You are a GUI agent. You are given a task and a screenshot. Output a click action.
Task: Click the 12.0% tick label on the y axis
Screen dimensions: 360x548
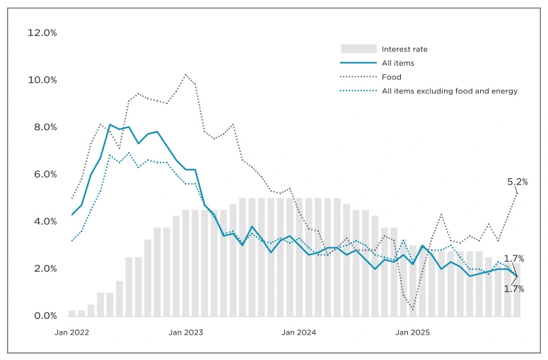[x=42, y=33]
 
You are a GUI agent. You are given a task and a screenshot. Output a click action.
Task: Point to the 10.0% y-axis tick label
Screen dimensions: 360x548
[x=42, y=80]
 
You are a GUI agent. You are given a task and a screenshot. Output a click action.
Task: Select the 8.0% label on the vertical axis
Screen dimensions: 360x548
[x=42, y=127]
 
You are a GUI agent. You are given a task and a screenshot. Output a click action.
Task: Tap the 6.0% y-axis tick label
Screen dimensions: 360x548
[x=42, y=175]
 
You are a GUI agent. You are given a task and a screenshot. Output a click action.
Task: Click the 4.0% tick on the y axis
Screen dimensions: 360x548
[x=42, y=221]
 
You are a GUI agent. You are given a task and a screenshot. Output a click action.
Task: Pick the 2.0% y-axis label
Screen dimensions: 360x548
[x=42, y=269]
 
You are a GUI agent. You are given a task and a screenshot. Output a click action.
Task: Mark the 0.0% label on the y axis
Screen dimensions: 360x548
[x=42, y=316]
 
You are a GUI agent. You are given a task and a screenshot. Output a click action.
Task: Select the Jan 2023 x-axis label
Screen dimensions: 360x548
[x=186, y=332]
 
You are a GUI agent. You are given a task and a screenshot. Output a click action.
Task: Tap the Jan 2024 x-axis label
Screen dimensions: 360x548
[x=299, y=332]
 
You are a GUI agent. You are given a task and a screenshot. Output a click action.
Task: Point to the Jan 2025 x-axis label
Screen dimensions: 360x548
[x=412, y=332]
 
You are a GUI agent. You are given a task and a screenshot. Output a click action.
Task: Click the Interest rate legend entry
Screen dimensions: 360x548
[x=404, y=50]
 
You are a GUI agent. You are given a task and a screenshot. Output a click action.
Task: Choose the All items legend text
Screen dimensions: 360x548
[x=397, y=63]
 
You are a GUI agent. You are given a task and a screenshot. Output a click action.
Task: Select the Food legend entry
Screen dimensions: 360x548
[x=391, y=77]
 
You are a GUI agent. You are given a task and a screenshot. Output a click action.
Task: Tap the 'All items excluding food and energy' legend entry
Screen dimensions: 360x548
[x=449, y=91]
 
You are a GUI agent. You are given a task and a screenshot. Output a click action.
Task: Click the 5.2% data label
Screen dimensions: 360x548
[x=517, y=182]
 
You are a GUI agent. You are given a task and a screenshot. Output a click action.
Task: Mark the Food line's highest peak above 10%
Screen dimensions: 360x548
[x=185, y=74]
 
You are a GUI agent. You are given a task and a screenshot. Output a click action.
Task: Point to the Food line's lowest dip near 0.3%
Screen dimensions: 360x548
[x=413, y=309]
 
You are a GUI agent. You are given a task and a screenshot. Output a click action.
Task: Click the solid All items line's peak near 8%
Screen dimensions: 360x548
[x=110, y=124]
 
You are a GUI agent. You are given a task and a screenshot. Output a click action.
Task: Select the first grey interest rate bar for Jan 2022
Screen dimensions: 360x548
[x=72, y=313]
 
